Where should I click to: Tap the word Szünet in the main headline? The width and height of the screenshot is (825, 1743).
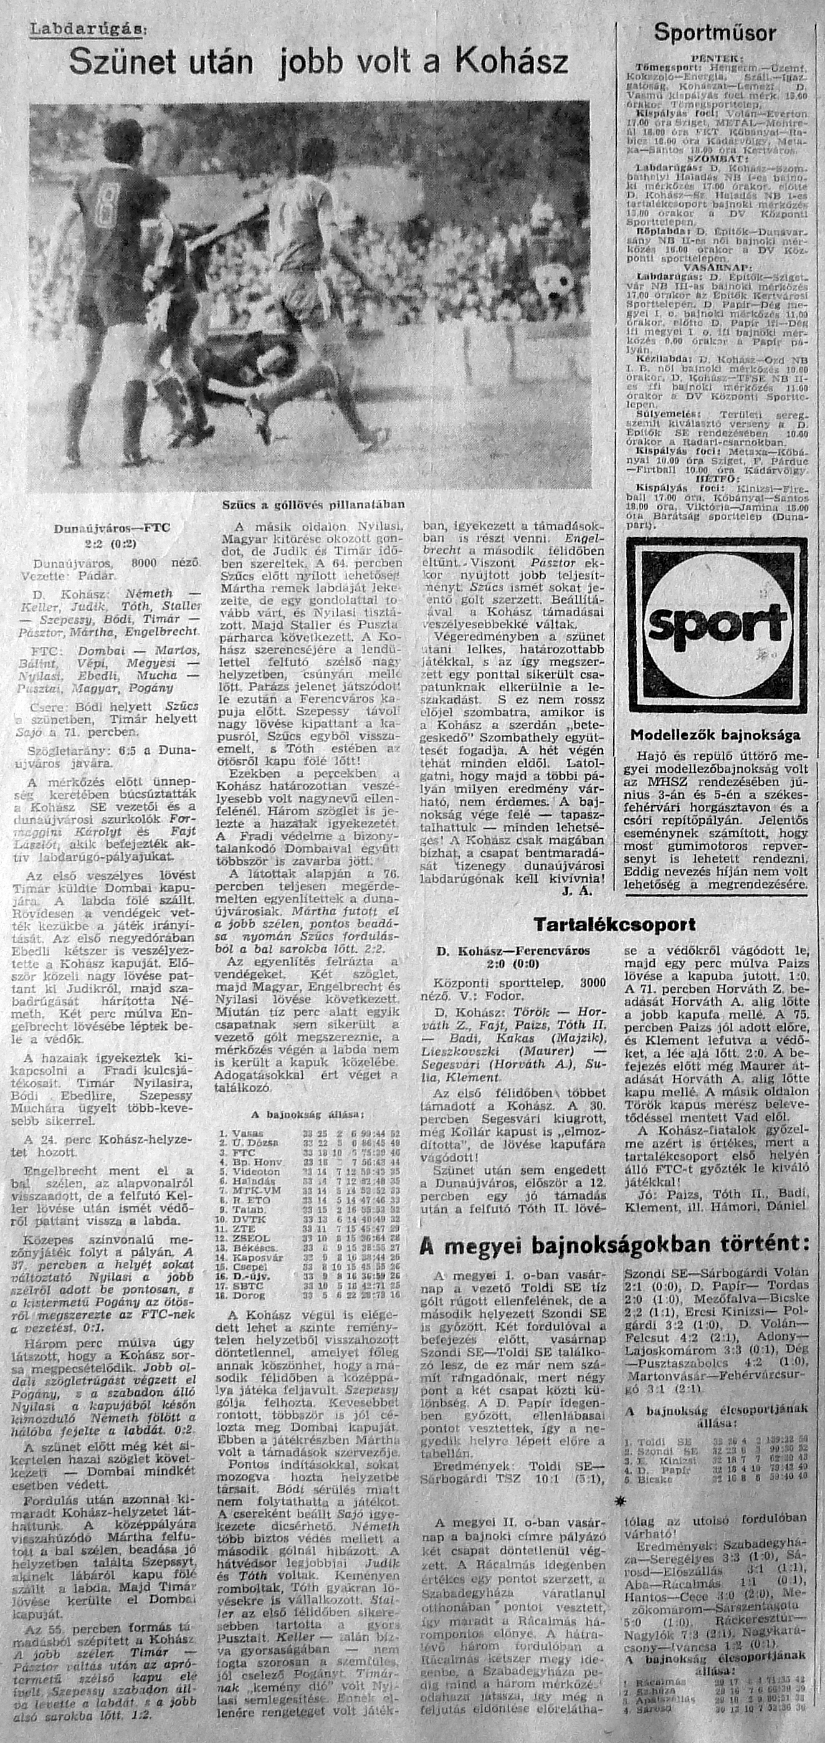[118, 63]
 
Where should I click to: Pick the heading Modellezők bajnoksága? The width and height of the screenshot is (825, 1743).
[715, 735]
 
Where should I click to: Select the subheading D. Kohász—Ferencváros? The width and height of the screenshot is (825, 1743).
[513, 952]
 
